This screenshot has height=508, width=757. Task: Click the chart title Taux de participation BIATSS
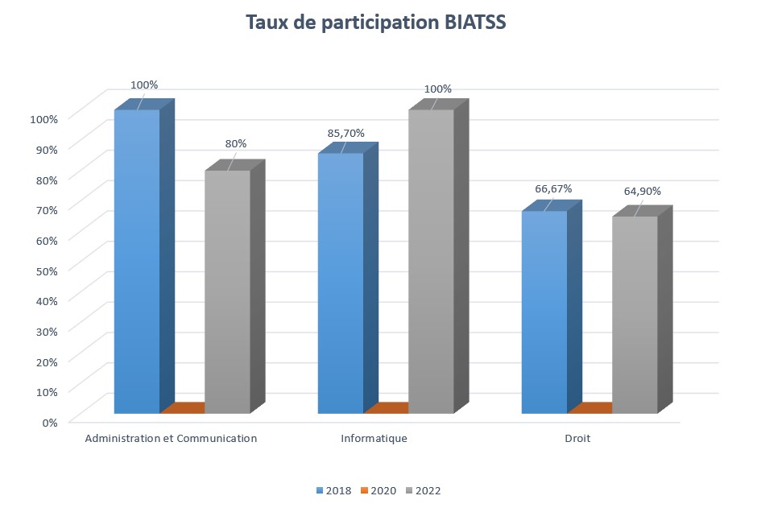(x=375, y=23)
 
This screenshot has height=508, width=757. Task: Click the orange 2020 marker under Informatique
(x=387, y=407)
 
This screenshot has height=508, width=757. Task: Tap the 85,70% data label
(x=346, y=133)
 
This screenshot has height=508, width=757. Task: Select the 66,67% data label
(x=553, y=188)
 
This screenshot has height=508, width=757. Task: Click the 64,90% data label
(x=642, y=191)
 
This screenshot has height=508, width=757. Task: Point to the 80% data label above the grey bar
(x=236, y=143)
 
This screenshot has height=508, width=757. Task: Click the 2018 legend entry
(x=333, y=490)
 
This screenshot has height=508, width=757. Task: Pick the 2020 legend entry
(x=378, y=490)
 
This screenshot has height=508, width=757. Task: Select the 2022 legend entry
(x=424, y=490)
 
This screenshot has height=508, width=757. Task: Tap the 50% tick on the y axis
(x=47, y=271)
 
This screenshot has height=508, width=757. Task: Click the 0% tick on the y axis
(x=50, y=423)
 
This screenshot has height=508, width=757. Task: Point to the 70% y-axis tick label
(x=47, y=210)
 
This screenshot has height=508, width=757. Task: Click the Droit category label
(x=577, y=439)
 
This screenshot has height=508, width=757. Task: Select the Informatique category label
(x=374, y=439)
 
